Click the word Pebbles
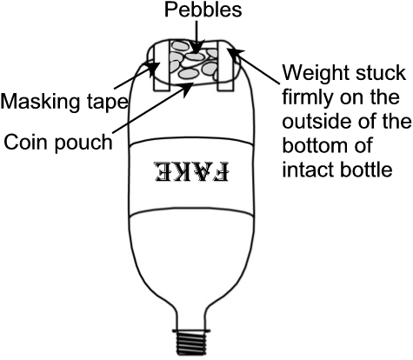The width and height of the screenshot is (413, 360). click(x=203, y=10)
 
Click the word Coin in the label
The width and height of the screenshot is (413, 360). click(x=27, y=143)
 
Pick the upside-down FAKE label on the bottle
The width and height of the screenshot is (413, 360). click(x=192, y=172)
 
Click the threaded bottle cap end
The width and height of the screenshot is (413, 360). click(x=191, y=343)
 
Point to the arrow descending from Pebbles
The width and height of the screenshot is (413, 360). click(x=197, y=37)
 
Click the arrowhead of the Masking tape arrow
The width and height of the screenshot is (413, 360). click(x=153, y=67)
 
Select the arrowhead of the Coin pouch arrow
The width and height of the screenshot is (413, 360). click(x=188, y=88)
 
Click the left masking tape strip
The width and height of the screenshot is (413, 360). click(x=160, y=66)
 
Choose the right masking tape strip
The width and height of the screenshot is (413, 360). click(x=225, y=66)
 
